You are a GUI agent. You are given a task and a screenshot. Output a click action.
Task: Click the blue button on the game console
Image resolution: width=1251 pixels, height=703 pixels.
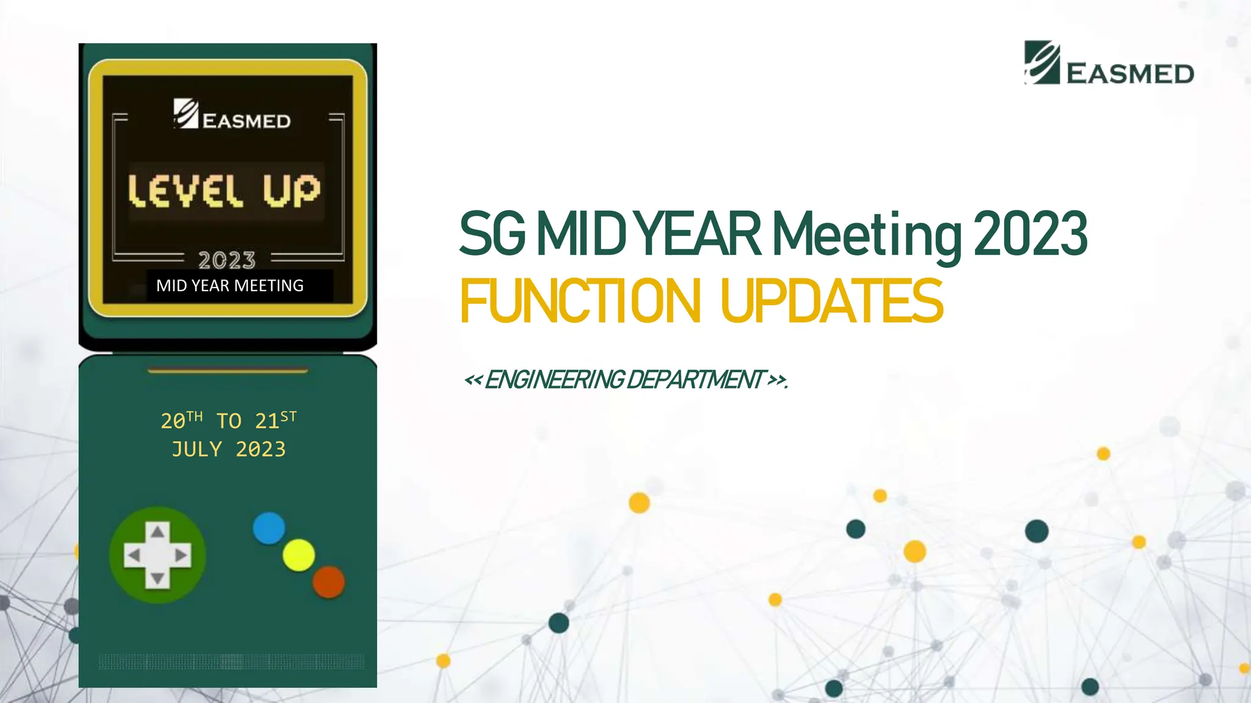pyautogui.click(x=269, y=528)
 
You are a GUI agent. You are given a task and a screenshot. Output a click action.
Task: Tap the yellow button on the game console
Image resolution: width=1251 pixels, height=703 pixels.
pyautogui.click(x=299, y=555)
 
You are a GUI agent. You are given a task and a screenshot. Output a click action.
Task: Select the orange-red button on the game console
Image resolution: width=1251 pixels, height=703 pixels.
pyautogui.click(x=329, y=582)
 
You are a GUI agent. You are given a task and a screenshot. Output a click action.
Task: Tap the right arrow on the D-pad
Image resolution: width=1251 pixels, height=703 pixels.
pyautogui.click(x=181, y=555)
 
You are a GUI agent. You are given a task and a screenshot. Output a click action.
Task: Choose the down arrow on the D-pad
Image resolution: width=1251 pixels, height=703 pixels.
pyautogui.click(x=158, y=578)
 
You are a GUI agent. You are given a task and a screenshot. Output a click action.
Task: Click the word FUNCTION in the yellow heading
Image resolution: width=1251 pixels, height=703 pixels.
pyautogui.click(x=580, y=301)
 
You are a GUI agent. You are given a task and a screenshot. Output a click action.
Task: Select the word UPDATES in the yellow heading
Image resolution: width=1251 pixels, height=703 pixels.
pyautogui.click(x=832, y=301)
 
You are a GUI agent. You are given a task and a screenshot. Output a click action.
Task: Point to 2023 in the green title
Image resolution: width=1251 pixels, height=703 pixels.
pyautogui.click(x=1030, y=234)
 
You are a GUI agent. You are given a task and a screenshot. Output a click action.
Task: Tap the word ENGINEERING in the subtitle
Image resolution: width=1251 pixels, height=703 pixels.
pyautogui.click(x=554, y=380)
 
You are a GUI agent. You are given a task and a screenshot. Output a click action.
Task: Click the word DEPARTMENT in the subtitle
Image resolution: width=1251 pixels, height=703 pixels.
pyautogui.click(x=696, y=380)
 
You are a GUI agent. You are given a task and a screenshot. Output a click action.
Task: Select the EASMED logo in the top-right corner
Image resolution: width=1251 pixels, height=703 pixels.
pyautogui.click(x=1109, y=63)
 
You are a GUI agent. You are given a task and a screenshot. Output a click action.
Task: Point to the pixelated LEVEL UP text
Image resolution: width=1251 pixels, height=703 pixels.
pyautogui.click(x=224, y=190)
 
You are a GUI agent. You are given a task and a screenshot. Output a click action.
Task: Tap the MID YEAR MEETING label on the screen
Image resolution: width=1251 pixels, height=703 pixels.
pyautogui.click(x=230, y=286)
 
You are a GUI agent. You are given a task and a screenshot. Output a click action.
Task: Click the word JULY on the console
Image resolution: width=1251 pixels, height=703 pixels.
pyautogui.click(x=197, y=450)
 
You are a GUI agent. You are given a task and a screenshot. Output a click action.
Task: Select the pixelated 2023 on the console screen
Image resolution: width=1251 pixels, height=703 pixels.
pyautogui.click(x=227, y=261)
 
